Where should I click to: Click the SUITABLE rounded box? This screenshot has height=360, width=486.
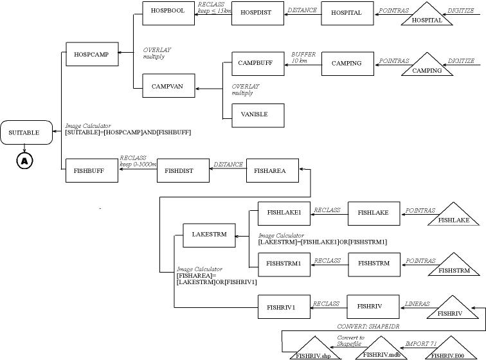(24, 133)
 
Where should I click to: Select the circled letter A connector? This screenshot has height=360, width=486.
(24, 161)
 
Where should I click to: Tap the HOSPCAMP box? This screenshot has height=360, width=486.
(92, 55)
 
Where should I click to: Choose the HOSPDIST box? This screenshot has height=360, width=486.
(256, 12)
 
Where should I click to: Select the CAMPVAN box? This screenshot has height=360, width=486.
(167, 86)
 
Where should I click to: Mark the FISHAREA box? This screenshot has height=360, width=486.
(269, 171)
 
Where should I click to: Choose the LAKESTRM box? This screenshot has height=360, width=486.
(209, 235)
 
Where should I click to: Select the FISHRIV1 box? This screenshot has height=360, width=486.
(283, 307)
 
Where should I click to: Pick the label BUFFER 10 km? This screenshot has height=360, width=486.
(303, 57)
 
